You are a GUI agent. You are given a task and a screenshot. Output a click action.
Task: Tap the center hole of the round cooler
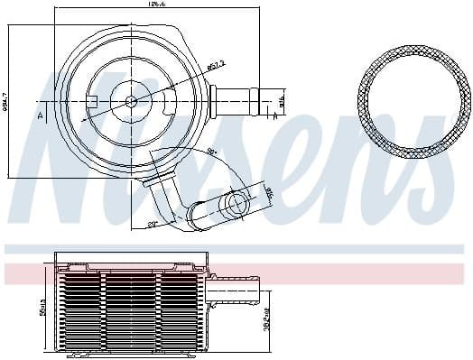coord(130,101)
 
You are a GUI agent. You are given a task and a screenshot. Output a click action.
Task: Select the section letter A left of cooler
coord(40,115)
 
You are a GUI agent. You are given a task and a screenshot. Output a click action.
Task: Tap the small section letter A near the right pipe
coord(273,115)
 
